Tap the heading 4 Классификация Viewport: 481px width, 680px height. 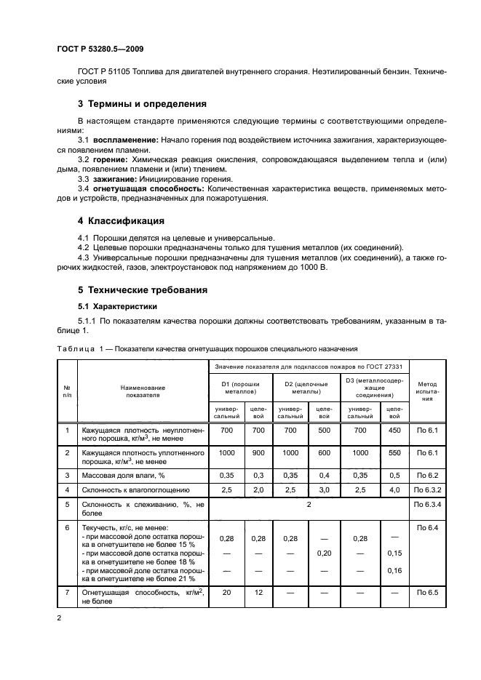pos(121,220)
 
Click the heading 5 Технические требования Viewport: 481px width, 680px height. pos(143,289)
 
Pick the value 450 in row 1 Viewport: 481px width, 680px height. pos(394,431)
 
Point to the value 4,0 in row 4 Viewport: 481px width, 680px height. pos(394,490)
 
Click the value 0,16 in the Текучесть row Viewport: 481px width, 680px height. pos(394,570)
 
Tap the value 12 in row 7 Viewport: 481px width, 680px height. pos(258,593)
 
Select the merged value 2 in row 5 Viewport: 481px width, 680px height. pos(309,503)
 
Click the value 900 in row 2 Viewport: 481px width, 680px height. pos(258,452)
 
